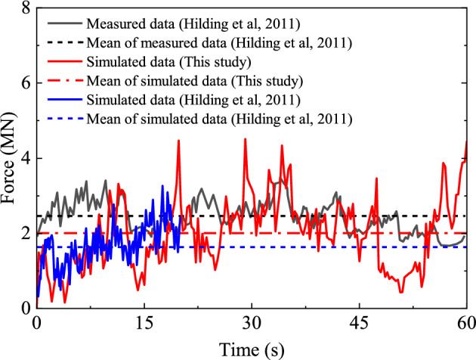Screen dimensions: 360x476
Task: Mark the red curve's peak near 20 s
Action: point(178,141)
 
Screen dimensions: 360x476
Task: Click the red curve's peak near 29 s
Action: point(245,139)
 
